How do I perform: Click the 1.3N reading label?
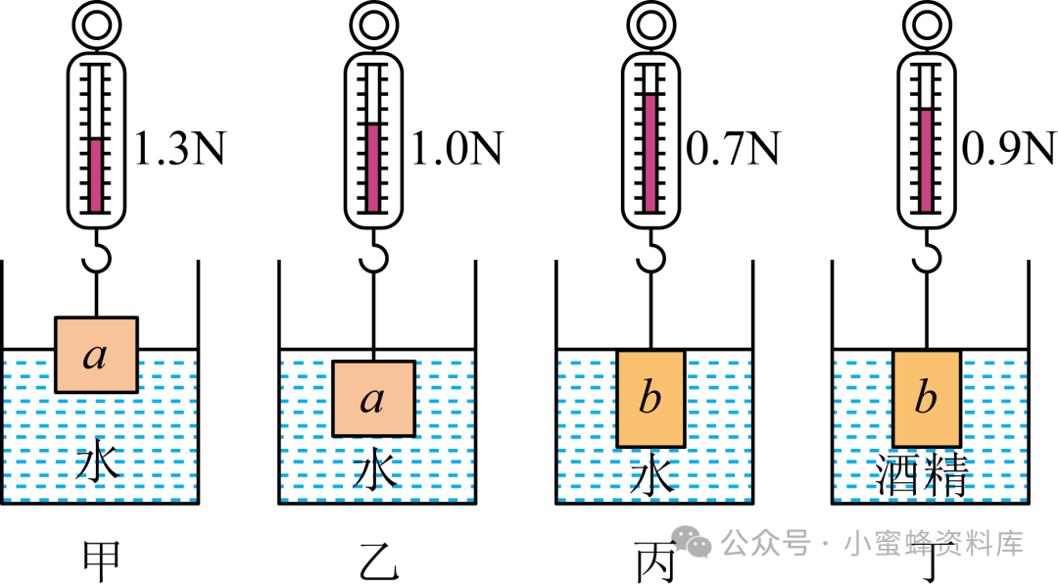point(178,149)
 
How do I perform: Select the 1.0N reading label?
point(457,149)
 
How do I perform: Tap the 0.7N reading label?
point(733,149)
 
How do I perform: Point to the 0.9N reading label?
point(1009,149)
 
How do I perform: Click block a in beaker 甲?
point(95,355)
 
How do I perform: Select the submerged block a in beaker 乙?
point(372,399)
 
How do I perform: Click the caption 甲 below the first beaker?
point(99,562)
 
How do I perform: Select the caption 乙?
point(376,562)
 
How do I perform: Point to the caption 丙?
point(653,562)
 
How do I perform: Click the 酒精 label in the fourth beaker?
point(926,477)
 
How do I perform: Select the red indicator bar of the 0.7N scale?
point(649,152)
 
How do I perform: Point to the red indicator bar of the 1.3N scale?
point(96,174)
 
